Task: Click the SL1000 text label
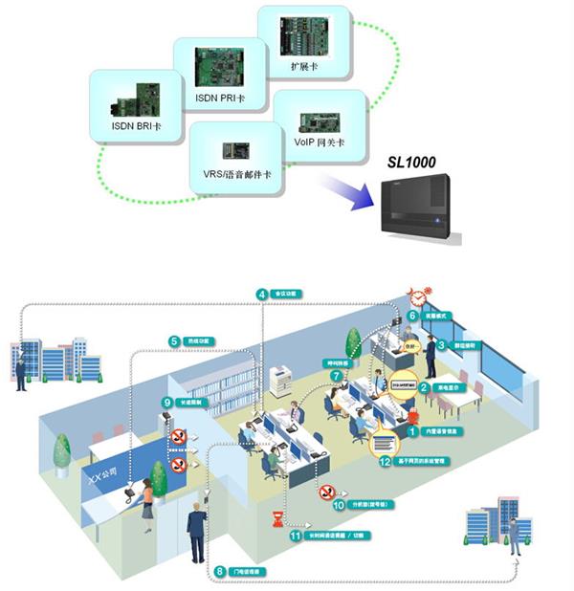tap(410, 163)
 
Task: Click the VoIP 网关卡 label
tap(319, 142)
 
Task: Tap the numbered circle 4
tap(262, 294)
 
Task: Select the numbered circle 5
tap(175, 340)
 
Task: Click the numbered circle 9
tap(167, 403)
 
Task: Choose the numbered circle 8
tap(220, 571)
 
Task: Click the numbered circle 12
tap(385, 462)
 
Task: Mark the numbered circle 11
tap(295, 536)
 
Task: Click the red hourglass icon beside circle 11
tap(277, 519)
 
